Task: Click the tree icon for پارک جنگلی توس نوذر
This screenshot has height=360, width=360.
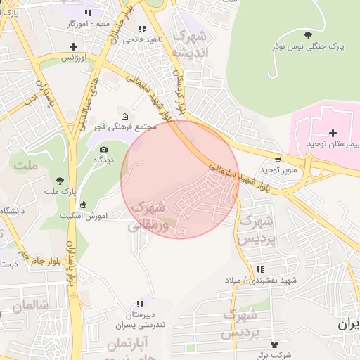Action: (308, 34)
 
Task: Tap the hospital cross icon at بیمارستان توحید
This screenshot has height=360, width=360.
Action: (333, 132)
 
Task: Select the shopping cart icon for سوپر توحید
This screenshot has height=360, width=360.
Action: (279, 160)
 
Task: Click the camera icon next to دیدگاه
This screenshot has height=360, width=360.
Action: (104, 149)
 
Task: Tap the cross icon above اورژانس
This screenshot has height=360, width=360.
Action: (74, 46)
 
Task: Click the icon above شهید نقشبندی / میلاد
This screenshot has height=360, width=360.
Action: (261, 269)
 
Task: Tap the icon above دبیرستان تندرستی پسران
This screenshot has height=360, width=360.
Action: (140, 304)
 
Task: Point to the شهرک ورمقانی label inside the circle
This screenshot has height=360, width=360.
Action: (148, 216)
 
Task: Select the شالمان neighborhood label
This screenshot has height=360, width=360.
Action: (27, 306)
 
